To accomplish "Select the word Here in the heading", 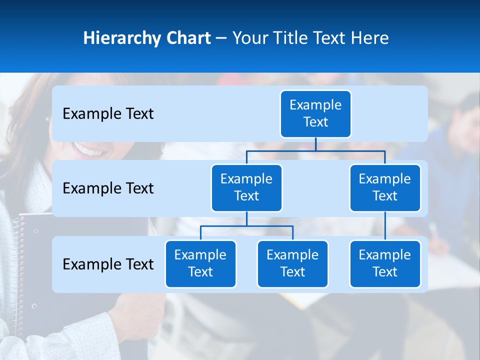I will coord(368,38).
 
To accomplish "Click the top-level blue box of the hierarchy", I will coord(315,113).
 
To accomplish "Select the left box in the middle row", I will coord(246,187).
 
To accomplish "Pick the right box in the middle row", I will coord(385,187).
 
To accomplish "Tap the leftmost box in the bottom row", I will coord(200,263).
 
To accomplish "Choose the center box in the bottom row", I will coord(292,263).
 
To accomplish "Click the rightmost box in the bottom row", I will coord(385,263).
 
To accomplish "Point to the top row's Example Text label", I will coord(108,114).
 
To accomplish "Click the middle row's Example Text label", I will coord(108,188).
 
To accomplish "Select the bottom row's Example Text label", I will coord(108,264).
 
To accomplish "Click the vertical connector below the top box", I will coord(315,144).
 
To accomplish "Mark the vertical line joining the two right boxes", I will coord(385,226).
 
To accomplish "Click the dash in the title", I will coord(221,38).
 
